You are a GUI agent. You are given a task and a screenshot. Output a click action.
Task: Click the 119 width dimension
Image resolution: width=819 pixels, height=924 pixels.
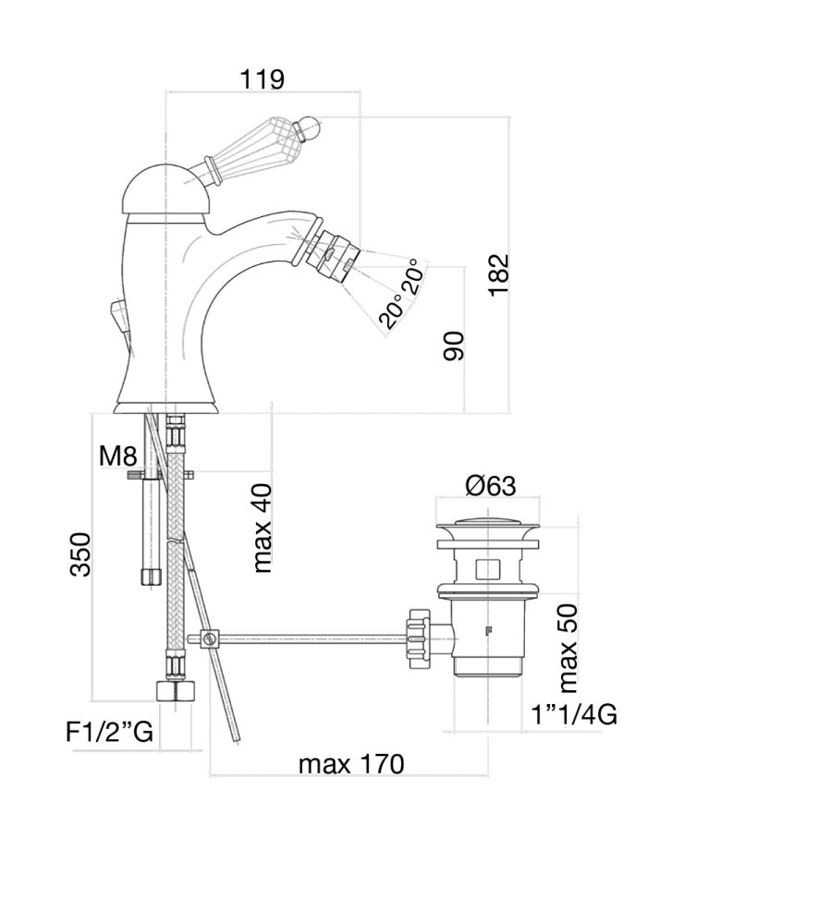(262, 79)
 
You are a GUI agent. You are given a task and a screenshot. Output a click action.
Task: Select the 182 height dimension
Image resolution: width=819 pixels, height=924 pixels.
(499, 274)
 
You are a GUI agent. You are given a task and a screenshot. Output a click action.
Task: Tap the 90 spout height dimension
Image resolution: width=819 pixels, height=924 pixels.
(454, 344)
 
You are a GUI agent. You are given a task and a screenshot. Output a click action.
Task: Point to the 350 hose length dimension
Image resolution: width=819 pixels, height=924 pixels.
(81, 553)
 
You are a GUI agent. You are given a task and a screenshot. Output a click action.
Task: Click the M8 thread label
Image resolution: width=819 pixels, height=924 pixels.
(118, 455)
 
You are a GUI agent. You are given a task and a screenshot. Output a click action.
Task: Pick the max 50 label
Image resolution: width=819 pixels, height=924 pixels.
(568, 647)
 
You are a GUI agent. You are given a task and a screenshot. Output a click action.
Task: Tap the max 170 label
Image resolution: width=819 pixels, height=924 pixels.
(351, 764)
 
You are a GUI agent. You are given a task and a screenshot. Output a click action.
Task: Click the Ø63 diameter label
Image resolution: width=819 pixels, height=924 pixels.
(490, 485)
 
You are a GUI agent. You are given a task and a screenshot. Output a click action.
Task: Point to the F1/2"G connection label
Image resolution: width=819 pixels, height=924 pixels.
(109, 733)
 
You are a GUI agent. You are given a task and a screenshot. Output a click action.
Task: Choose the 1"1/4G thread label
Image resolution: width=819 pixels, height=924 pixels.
(574, 714)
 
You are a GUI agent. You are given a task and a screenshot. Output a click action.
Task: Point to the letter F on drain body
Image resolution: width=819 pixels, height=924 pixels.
(488, 633)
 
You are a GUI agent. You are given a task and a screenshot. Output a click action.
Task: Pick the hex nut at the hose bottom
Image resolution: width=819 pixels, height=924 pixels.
(176, 692)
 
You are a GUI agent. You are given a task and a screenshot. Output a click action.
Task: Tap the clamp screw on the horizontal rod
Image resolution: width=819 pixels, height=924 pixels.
(209, 638)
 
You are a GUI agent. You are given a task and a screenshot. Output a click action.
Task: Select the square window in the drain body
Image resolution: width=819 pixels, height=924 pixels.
(487, 567)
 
